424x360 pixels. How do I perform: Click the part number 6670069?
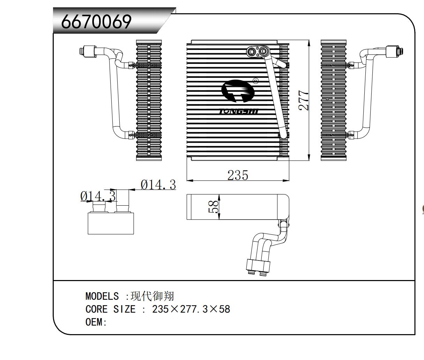(x=96, y=22)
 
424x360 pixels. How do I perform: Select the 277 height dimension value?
(x=304, y=101)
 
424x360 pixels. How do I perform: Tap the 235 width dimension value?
(x=238, y=175)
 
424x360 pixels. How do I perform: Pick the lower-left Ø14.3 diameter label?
(x=97, y=196)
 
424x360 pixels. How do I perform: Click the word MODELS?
(x=102, y=296)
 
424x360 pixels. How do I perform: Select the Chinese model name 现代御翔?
(x=152, y=296)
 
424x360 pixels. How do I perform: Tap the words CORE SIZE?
(x=110, y=309)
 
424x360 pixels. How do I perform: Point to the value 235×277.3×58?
(x=191, y=309)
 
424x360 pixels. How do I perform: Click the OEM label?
(x=95, y=322)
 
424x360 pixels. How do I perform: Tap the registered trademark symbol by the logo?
(x=255, y=81)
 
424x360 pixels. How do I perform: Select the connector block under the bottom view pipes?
(x=258, y=266)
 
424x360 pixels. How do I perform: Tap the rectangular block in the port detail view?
(x=111, y=223)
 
